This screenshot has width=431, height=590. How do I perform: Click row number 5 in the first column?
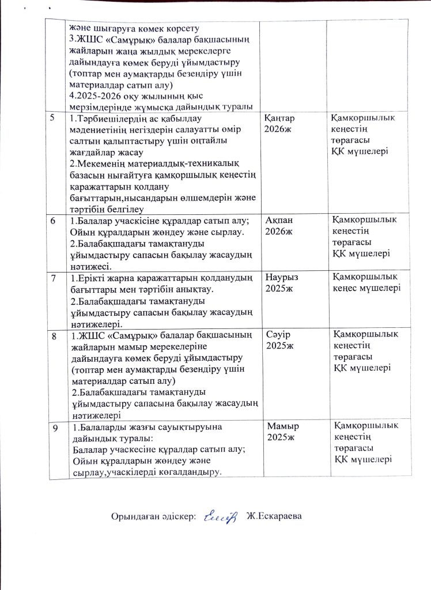[x=52, y=118]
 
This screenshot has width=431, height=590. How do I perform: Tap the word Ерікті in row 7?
[x=92, y=278]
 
